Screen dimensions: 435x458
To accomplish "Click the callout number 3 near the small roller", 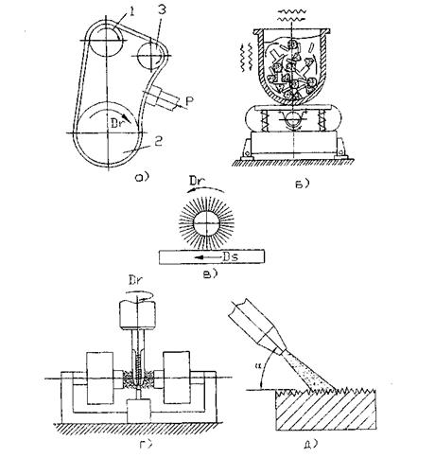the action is (162, 10).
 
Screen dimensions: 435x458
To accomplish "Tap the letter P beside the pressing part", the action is (189, 101).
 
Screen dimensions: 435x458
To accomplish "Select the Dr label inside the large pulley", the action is (117, 123).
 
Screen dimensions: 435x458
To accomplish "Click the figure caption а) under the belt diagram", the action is (141, 178).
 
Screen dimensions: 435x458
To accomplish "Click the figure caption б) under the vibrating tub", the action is (302, 184).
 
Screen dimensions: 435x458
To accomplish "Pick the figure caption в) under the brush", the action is (209, 273).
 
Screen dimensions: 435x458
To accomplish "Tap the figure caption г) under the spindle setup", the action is (146, 445).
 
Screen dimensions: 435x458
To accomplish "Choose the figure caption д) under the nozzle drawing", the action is (309, 445).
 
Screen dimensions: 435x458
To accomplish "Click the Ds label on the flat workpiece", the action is (231, 256).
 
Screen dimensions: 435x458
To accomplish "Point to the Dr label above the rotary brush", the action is (198, 181).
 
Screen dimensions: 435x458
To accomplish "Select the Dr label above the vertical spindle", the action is (136, 280).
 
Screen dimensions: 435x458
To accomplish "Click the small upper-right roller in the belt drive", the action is (150, 56).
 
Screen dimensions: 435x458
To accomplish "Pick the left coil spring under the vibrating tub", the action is (264, 121).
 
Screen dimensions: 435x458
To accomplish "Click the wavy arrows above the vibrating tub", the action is (293, 15).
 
